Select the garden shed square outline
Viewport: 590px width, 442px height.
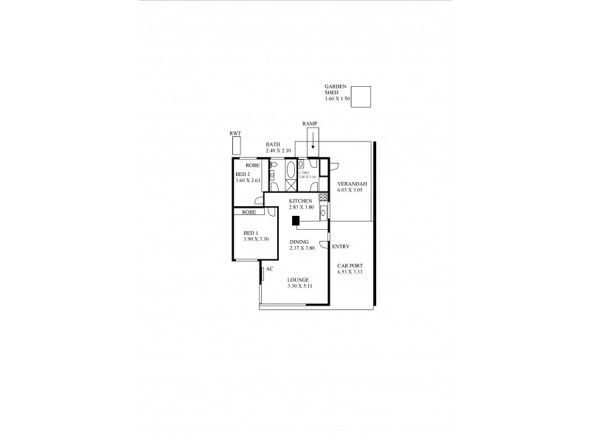coord(361,97)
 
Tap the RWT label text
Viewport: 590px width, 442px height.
coord(236,133)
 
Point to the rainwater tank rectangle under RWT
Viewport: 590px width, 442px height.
coord(236,145)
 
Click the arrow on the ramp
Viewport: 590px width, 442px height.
coord(313,141)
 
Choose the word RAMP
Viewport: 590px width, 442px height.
coord(310,123)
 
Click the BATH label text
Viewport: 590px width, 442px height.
coord(273,146)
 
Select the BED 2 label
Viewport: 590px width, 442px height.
coord(244,174)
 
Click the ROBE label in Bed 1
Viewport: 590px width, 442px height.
coord(248,212)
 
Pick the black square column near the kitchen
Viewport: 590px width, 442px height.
coord(296,220)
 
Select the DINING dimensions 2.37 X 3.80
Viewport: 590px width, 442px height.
coord(302,248)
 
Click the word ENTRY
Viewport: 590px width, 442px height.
coord(341,246)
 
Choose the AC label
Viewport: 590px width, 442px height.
coord(270,269)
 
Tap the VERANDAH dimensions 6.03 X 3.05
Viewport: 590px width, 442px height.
coord(352,190)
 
